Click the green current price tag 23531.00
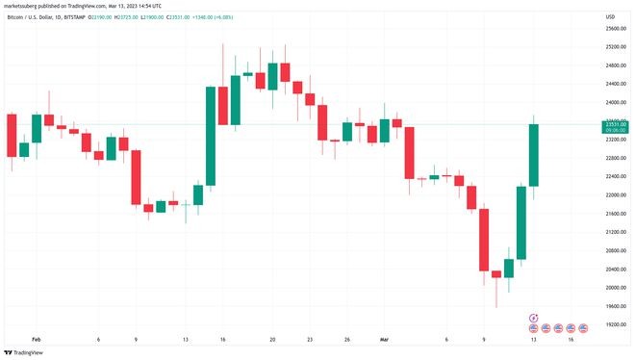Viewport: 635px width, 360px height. click(x=616, y=124)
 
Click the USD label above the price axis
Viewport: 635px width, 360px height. click(x=610, y=16)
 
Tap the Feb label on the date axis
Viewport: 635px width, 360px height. click(x=37, y=339)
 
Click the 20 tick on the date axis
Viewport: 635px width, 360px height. click(x=272, y=339)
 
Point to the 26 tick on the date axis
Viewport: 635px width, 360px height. click(x=346, y=339)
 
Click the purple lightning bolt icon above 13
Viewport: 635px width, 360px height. click(x=534, y=317)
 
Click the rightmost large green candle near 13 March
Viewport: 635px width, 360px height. click(x=533, y=154)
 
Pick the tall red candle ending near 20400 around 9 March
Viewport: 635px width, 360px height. click(x=484, y=241)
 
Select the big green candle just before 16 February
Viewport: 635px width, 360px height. click(x=210, y=135)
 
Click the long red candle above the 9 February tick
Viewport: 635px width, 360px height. click(x=136, y=176)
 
